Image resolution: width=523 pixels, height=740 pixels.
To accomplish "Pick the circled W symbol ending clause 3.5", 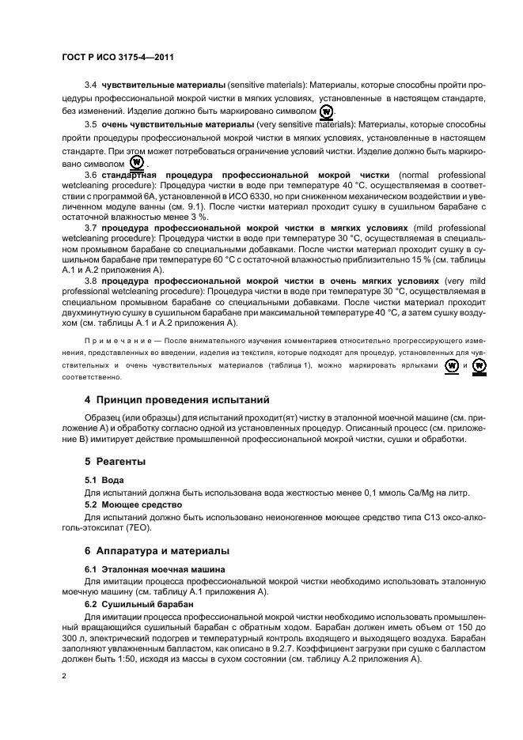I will (x=135, y=162).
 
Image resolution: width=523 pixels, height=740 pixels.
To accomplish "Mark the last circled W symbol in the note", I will (x=479, y=366).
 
